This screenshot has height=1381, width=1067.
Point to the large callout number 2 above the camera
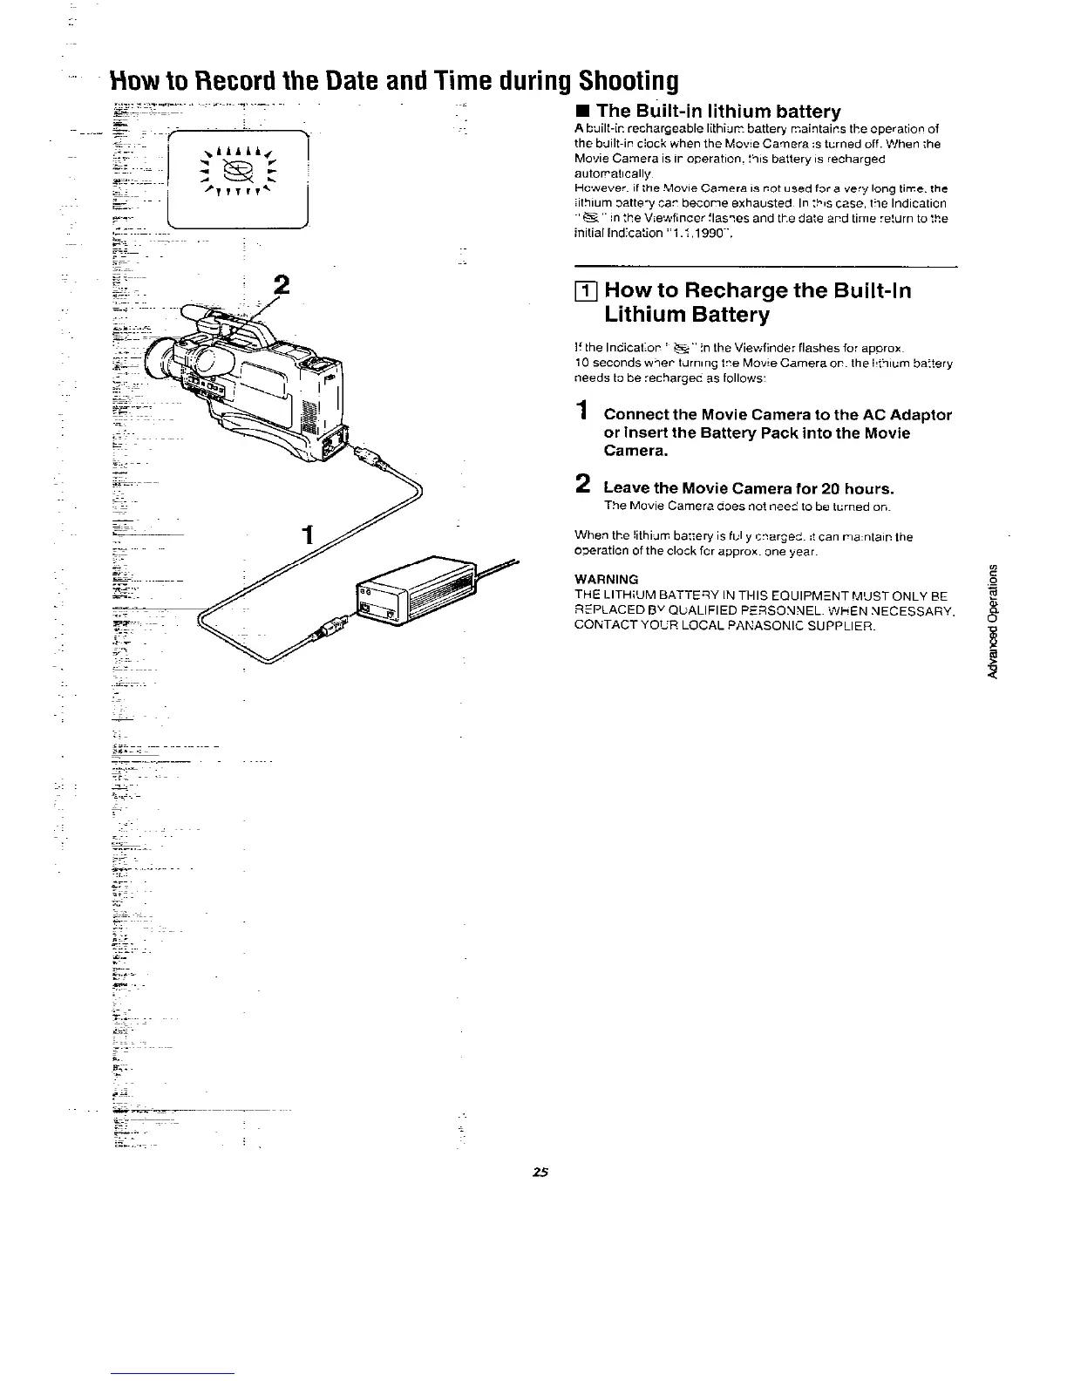(x=281, y=286)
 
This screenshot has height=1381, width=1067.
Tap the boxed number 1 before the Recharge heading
(x=585, y=291)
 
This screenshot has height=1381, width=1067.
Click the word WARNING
(x=607, y=579)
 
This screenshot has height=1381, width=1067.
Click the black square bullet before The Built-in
(x=582, y=112)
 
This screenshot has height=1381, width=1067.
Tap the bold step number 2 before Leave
(x=583, y=485)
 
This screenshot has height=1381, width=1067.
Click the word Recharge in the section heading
(x=736, y=291)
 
